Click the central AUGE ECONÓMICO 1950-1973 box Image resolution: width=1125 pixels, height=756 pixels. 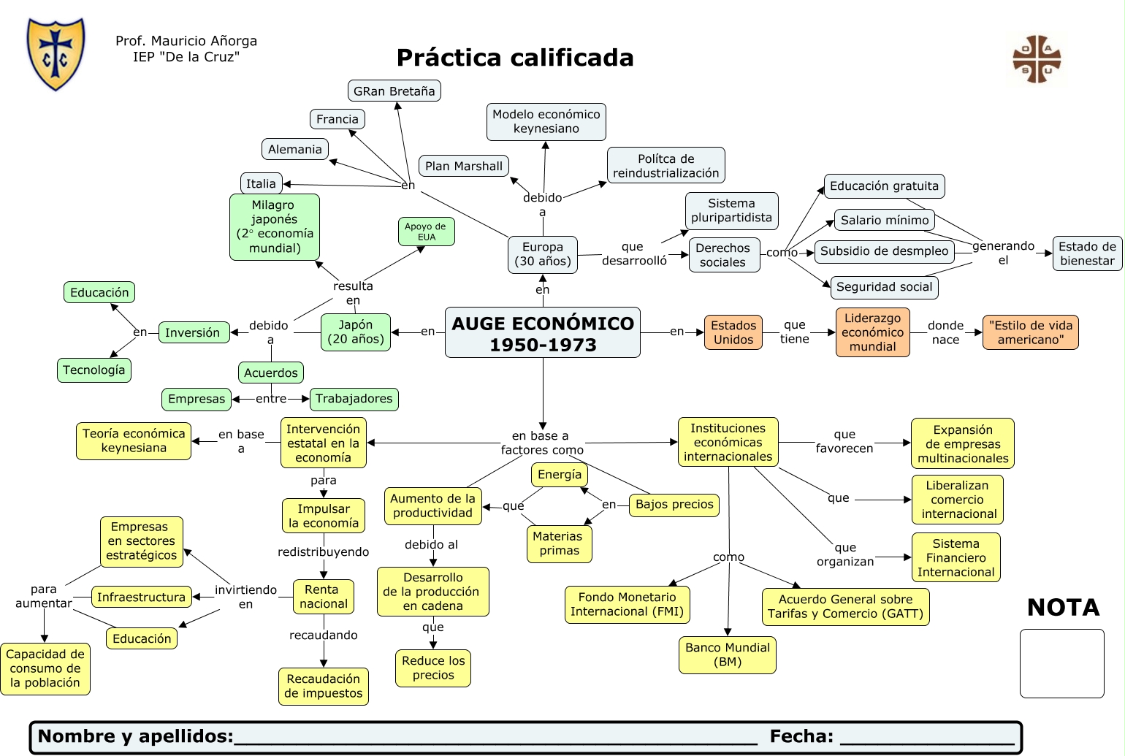(543, 333)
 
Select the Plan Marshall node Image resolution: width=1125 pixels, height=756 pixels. (464, 166)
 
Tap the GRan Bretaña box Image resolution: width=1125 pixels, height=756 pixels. (394, 91)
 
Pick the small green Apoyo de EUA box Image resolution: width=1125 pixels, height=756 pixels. (426, 232)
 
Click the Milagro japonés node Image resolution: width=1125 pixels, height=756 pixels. (275, 226)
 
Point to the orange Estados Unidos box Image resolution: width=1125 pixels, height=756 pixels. (733, 332)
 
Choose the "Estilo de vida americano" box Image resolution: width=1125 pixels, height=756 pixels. (1030, 332)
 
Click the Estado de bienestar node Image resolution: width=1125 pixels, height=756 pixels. (1087, 253)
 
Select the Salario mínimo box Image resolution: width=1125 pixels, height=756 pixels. (885, 220)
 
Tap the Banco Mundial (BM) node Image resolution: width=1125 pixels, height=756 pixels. (728, 654)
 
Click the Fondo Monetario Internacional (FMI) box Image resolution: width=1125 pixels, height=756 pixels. (628, 604)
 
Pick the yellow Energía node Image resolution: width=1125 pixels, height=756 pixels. (560, 474)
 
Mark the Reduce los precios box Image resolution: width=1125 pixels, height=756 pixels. (433, 668)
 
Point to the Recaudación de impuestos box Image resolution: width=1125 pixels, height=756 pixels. (324, 686)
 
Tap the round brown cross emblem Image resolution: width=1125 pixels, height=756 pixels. (1037, 60)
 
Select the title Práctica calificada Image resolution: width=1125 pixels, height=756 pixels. (515, 58)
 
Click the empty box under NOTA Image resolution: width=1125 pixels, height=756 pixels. (1062, 663)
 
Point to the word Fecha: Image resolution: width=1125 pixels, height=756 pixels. (801, 736)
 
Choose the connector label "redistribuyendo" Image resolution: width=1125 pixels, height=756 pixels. (324, 551)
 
